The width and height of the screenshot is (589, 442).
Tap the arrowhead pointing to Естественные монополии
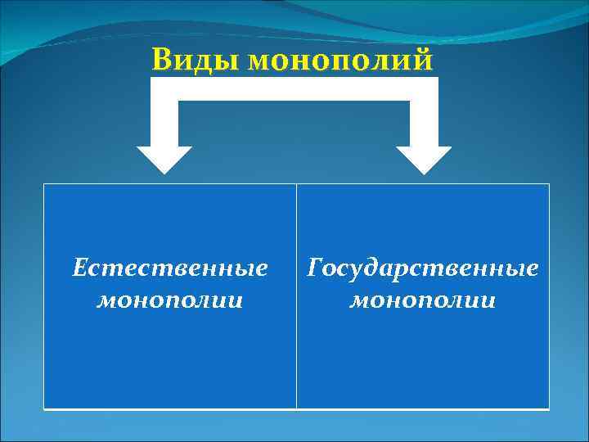[164, 159]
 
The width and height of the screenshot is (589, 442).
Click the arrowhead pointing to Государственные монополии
[424, 159]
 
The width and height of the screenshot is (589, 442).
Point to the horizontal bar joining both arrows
[294, 88]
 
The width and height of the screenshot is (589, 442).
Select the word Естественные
[170, 268]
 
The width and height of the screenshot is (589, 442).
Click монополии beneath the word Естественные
[170, 300]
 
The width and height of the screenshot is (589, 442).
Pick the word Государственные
[423, 268]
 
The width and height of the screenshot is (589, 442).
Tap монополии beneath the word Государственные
[423, 300]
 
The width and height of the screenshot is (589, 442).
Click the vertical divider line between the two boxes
[296, 295]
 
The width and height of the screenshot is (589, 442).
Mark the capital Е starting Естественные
[79, 268]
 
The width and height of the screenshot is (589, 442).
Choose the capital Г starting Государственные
[315, 268]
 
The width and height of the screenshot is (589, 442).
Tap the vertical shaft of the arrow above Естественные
[164, 123]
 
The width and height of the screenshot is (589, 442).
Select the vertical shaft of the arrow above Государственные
[424, 123]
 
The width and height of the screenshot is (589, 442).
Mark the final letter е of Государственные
[533, 269]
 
